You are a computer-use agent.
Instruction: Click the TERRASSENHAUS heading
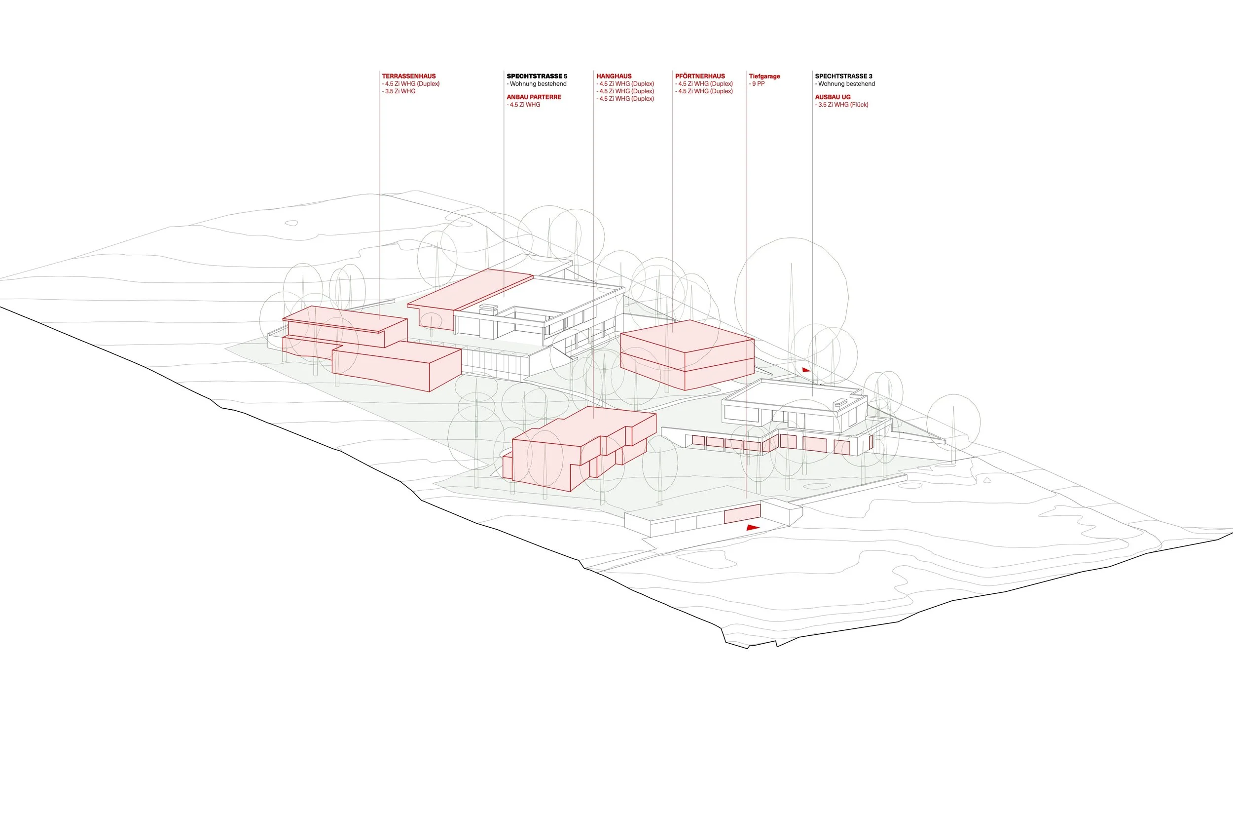(409, 76)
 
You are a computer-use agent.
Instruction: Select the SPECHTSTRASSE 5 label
(537, 76)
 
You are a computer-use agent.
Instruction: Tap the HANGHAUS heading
(614, 76)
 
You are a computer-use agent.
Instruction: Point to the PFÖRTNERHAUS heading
(700, 76)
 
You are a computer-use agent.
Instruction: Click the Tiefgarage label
(764, 76)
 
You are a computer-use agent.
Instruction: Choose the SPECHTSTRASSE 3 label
(843, 76)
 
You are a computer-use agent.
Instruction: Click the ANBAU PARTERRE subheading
(534, 97)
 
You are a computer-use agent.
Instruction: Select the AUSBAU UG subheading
(833, 97)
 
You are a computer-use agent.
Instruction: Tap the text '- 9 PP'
(757, 84)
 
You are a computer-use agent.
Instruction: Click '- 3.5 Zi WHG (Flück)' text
(841, 105)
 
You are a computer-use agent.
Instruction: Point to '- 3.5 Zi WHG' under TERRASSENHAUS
(399, 91)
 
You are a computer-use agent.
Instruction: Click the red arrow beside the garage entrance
(752, 527)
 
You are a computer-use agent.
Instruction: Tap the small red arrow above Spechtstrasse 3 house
(806, 370)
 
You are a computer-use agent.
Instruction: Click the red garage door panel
(742, 514)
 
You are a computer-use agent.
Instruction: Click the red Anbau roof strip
(469, 290)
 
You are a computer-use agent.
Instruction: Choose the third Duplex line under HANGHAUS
(625, 99)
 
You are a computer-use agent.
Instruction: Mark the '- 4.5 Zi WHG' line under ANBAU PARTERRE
(524, 105)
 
